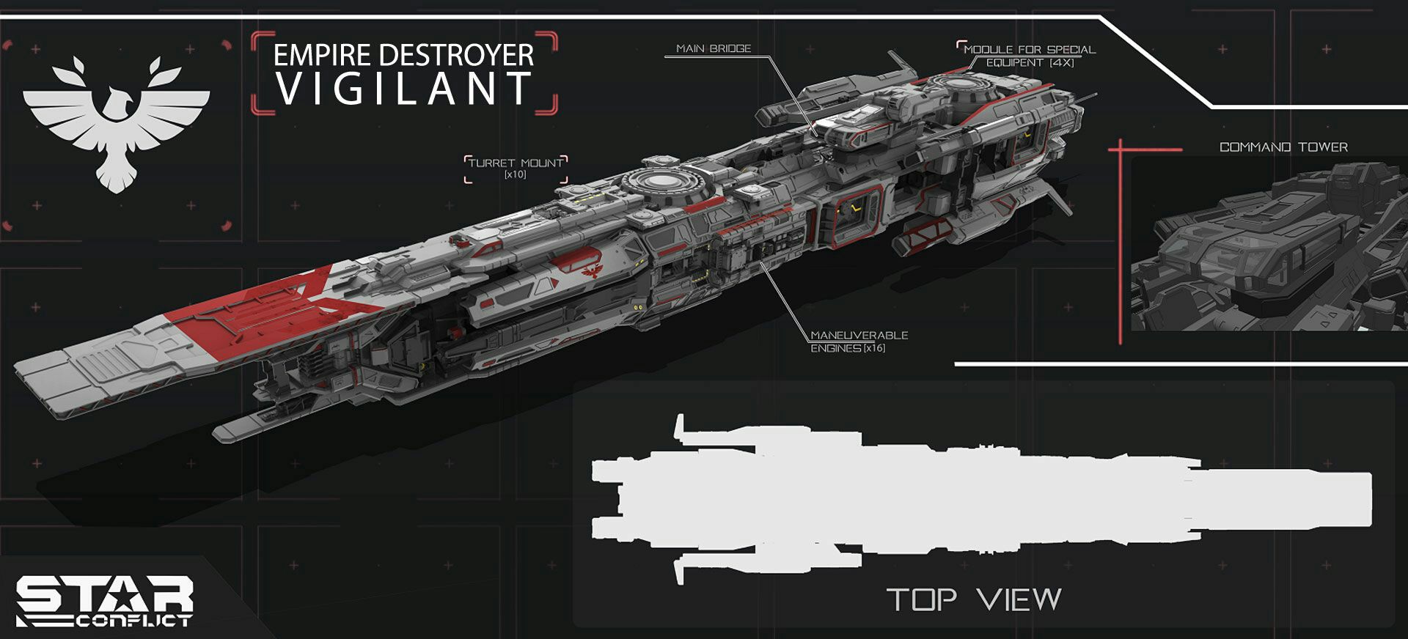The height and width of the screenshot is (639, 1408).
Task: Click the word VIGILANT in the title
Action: pyautogui.click(x=403, y=89)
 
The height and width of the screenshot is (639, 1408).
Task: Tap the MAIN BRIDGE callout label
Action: pyautogui.click(x=714, y=48)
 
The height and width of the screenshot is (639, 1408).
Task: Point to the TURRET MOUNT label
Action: pyautogui.click(x=516, y=163)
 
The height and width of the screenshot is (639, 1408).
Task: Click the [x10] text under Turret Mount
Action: pyautogui.click(x=516, y=175)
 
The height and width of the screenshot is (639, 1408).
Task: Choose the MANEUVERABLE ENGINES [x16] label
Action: pyautogui.click(x=858, y=341)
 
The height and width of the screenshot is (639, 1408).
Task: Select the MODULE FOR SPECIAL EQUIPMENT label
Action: pyautogui.click(x=1029, y=56)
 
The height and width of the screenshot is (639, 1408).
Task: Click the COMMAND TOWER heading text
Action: pyautogui.click(x=1283, y=147)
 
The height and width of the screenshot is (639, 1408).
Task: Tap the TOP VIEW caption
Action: pyautogui.click(x=974, y=600)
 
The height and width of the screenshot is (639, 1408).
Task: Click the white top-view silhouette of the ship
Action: pyautogui.click(x=953, y=498)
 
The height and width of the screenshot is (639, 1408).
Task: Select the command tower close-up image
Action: pyautogui.click(x=1269, y=245)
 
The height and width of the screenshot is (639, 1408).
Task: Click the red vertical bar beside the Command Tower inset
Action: pyautogui.click(x=1120, y=242)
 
